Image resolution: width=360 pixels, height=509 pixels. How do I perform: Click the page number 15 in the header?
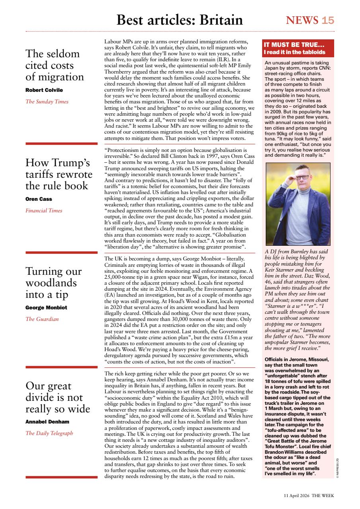(x=328, y=20)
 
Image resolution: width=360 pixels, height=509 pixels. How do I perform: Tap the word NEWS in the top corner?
(x=302, y=20)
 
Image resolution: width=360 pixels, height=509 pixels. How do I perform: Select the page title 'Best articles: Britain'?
(x=179, y=20)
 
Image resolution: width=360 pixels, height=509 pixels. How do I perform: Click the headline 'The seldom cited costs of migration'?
(x=54, y=65)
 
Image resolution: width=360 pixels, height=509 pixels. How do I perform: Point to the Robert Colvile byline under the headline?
(x=44, y=90)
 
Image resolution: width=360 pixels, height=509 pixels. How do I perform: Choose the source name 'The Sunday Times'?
(x=47, y=101)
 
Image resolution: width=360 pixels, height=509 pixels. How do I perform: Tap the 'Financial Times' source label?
(x=44, y=210)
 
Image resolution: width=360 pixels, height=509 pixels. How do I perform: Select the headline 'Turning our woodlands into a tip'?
(x=53, y=283)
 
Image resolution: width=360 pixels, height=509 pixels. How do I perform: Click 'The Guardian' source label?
(x=42, y=319)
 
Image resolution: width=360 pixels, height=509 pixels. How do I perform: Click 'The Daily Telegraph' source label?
(x=49, y=433)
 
